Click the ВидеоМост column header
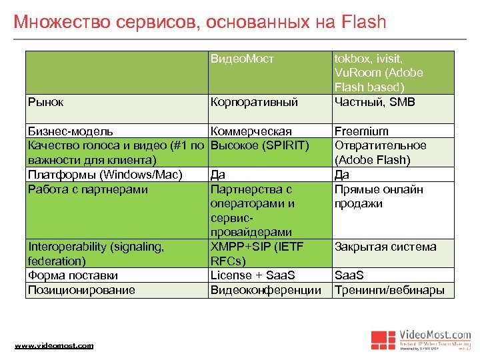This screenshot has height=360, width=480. (242, 59)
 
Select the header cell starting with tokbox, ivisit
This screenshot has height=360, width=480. (379, 72)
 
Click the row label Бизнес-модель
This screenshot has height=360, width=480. (71, 131)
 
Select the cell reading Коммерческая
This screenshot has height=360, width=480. (251, 131)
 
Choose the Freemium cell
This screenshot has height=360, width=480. (361, 131)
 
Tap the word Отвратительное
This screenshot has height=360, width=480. (380, 145)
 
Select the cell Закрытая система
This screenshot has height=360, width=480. (385, 247)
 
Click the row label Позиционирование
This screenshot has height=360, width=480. (81, 290)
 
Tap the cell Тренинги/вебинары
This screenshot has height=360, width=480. (389, 290)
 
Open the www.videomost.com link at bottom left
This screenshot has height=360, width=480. (54, 345)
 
